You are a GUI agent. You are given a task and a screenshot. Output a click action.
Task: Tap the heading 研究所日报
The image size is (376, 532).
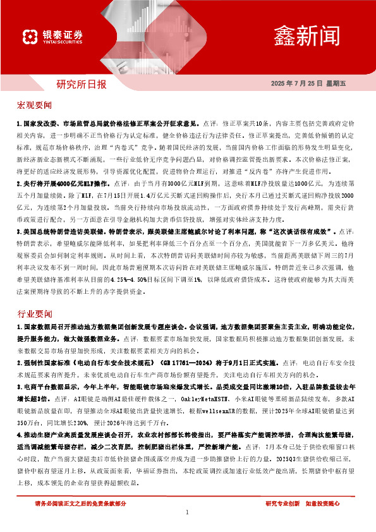[82, 83]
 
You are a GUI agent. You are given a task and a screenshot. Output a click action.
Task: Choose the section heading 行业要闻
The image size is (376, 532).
[35, 313]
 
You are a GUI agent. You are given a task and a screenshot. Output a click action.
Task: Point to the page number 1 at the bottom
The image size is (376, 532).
[188, 512]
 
